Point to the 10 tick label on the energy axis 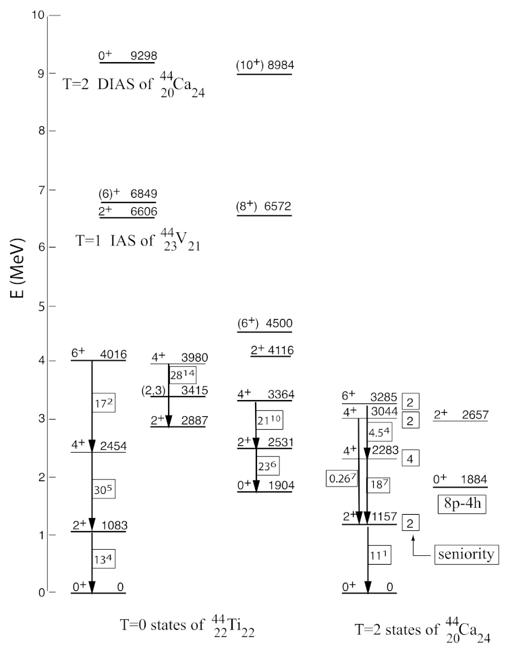[x=38, y=15]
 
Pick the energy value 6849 [x=144, y=194]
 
